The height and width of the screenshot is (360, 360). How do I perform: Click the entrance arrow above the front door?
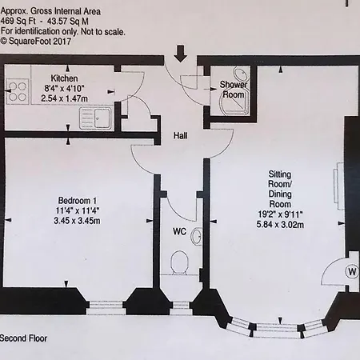181,54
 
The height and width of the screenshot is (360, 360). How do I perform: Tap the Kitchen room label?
64,78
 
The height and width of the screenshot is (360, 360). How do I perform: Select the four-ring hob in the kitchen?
17,91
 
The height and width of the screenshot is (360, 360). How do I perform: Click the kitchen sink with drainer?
95,118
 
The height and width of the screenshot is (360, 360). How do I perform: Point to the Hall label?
181,136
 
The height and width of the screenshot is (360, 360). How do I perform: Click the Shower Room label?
234,90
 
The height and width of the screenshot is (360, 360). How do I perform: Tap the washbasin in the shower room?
242,74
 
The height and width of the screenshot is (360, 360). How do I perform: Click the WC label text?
179,231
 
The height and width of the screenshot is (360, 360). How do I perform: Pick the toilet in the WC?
179,262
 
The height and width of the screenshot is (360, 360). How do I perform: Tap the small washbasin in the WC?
197,236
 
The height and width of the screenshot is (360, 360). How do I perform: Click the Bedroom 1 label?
78,200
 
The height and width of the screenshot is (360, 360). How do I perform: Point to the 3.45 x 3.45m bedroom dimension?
77,221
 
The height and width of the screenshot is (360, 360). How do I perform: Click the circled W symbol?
352,272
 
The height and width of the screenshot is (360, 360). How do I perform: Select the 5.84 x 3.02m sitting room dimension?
280,225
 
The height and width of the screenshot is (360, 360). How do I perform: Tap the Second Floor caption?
23,338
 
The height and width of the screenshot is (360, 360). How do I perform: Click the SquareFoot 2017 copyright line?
36,42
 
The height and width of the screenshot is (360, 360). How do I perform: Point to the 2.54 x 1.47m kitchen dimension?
64,98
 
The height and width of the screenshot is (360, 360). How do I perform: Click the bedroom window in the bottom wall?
106,308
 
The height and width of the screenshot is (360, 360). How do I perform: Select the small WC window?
181,308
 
